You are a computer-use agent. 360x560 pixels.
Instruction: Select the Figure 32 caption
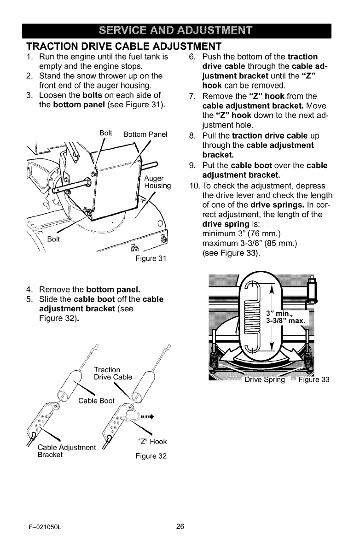[x=151, y=457]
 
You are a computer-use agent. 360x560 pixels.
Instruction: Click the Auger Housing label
[x=157, y=182]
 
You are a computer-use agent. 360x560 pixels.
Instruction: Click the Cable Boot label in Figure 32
[x=96, y=400]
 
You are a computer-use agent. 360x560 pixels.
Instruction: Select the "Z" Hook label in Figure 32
[x=152, y=442]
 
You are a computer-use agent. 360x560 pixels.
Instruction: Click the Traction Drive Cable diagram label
[x=112, y=373]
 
